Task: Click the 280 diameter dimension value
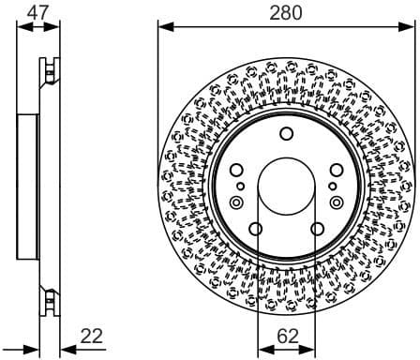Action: click(x=286, y=13)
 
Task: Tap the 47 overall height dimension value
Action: click(x=37, y=12)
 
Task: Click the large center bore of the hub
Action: click(x=287, y=187)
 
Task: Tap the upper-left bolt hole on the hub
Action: click(x=236, y=170)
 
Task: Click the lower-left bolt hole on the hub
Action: click(x=256, y=230)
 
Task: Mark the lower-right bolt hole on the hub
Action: click(x=318, y=230)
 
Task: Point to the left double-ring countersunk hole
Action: click(x=235, y=202)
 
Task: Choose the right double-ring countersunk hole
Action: click(x=337, y=202)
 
